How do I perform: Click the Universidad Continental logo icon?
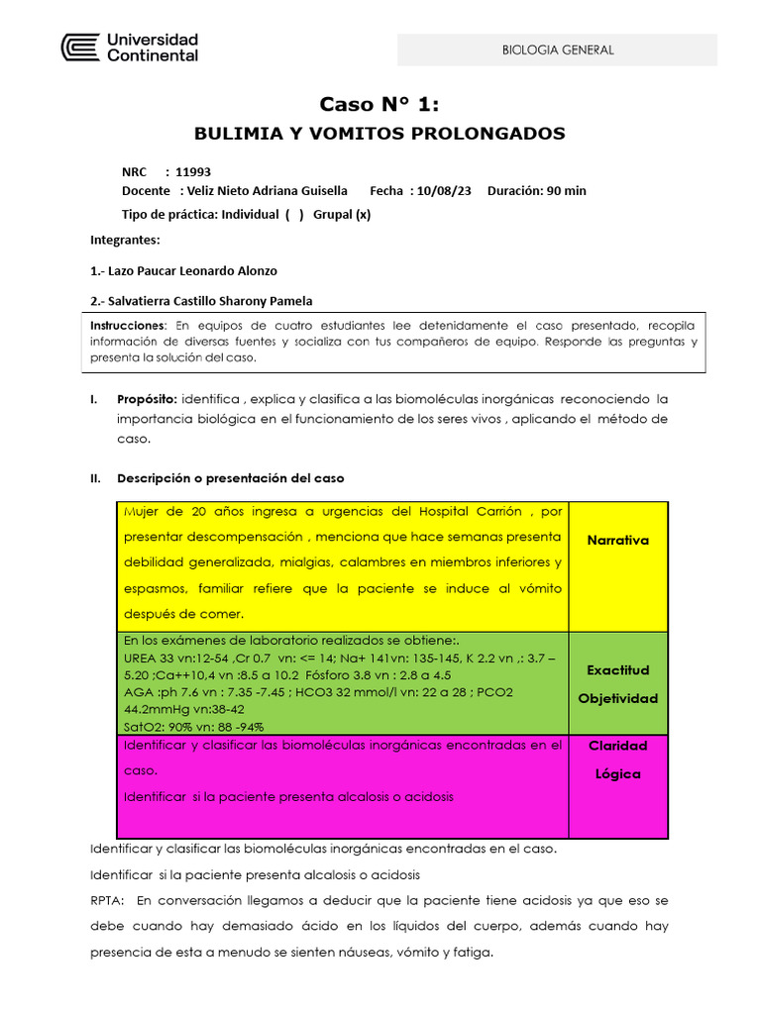coord(80,49)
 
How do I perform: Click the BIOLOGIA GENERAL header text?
coord(558,50)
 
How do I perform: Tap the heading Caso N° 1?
coord(380,104)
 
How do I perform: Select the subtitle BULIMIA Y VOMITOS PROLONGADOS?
coord(380,133)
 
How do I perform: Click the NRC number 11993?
coord(193,171)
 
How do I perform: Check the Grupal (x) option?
coord(342,214)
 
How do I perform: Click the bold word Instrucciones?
coord(127,326)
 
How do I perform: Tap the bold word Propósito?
coord(147,399)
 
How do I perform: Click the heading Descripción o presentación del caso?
coord(231,478)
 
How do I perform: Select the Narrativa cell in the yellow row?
coord(617,541)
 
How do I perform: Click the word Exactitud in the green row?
coord(617,670)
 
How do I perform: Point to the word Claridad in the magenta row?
coord(617,746)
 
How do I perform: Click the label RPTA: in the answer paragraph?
coord(107,901)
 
